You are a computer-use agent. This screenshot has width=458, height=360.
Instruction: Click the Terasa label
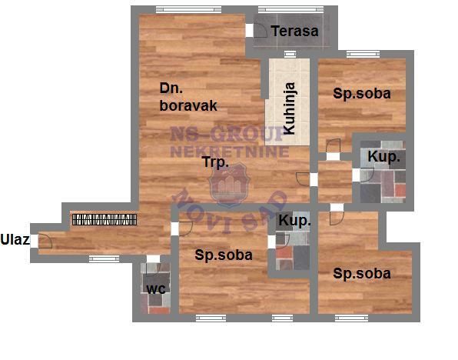tap(294, 32)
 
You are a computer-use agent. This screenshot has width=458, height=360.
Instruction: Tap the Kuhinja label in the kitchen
tap(290, 108)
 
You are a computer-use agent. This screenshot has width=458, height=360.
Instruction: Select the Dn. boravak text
tap(188, 97)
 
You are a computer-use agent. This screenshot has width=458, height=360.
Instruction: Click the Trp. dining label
tap(216, 162)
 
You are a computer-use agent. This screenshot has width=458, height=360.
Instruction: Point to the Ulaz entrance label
tap(15, 239)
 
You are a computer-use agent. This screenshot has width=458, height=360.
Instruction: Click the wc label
tap(156, 289)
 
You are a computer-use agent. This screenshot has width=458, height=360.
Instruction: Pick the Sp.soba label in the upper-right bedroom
tap(362, 94)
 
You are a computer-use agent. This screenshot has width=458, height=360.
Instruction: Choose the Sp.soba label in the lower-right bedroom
tap(362, 273)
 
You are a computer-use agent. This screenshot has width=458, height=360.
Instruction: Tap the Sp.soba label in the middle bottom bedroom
tap(224, 255)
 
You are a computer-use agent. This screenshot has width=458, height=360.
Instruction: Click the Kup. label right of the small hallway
tap(383, 157)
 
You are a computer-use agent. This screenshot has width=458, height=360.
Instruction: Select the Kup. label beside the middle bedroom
tap(294, 221)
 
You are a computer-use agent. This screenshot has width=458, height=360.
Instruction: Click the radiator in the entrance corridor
tap(105, 219)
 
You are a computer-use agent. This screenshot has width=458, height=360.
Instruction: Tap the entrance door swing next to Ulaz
tap(45, 242)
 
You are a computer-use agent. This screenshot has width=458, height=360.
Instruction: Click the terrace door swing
tap(261, 31)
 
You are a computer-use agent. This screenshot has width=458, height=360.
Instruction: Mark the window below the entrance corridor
tap(104, 258)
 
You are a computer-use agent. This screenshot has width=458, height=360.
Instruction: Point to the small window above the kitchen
tap(290, 54)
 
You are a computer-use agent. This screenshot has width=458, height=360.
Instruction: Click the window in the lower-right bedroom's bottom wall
tap(351, 318)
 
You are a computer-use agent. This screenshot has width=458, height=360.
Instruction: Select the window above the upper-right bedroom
tap(363, 54)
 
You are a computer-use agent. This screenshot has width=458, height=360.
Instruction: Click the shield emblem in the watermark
tap(229, 185)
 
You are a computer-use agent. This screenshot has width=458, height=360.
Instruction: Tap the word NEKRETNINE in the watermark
tap(230, 152)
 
